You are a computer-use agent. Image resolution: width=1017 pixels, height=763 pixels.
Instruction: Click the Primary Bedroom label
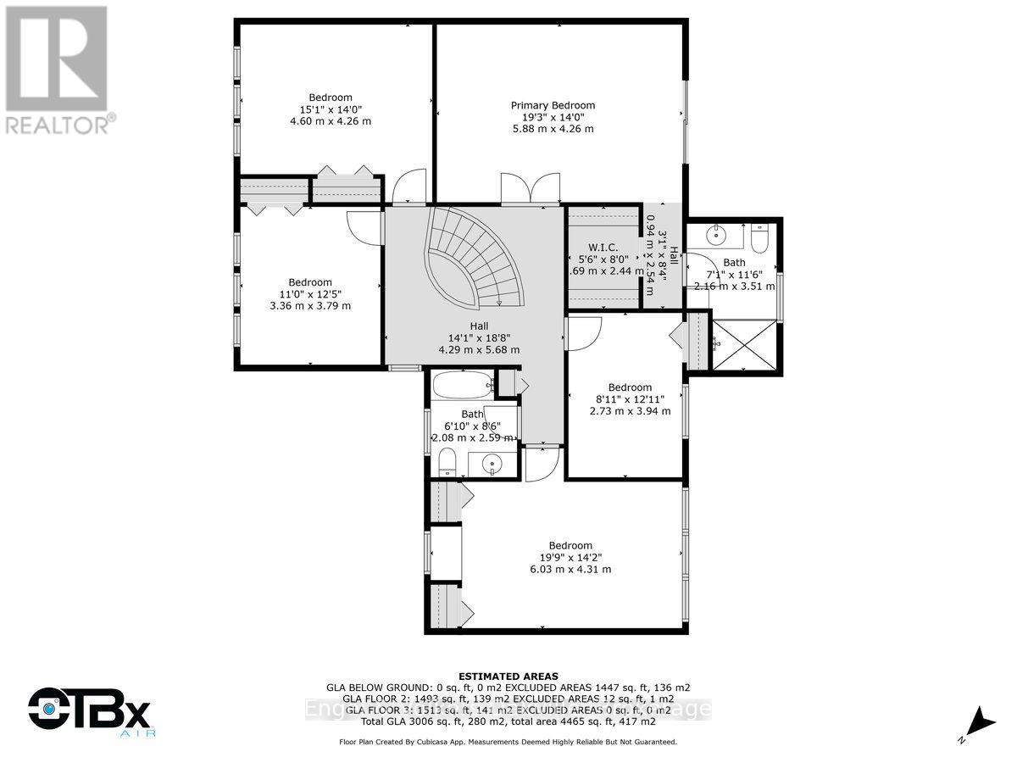pyautogui.click(x=553, y=105)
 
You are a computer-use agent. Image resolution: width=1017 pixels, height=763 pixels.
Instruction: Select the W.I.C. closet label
pyautogui.click(x=603, y=248)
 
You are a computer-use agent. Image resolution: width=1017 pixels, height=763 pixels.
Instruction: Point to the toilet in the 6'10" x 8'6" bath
pyautogui.click(x=447, y=463)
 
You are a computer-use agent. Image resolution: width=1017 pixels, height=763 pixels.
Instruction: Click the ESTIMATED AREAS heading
pyautogui.click(x=508, y=676)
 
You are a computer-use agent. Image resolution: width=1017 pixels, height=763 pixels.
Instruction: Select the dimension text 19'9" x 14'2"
pyautogui.click(x=570, y=557)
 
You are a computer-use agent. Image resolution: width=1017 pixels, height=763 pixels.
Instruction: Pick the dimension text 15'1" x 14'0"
pyautogui.click(x=330, y=109)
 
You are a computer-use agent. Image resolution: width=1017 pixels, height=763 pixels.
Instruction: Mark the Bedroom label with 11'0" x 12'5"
pyautogui.click(x=309, y=282)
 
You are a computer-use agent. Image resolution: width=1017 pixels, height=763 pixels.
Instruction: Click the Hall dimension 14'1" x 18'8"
pyautogui.click(x=479, y=337)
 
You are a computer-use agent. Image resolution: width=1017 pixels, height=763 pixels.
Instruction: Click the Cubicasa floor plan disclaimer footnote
pyautogui.click(x=508, y=742)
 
